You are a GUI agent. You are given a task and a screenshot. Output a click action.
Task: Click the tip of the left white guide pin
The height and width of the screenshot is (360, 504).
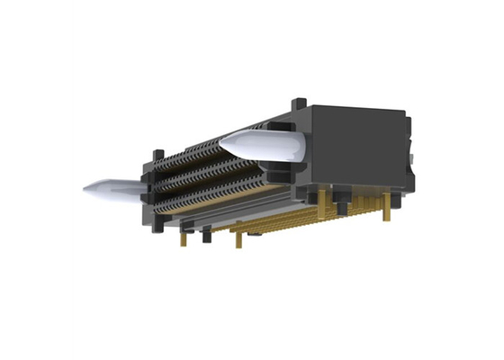point(86,189)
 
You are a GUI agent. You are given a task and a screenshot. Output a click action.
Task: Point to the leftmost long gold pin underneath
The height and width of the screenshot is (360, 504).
point(184,237)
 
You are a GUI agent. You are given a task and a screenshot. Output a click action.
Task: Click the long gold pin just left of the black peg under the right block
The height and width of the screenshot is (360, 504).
point(342,205)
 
